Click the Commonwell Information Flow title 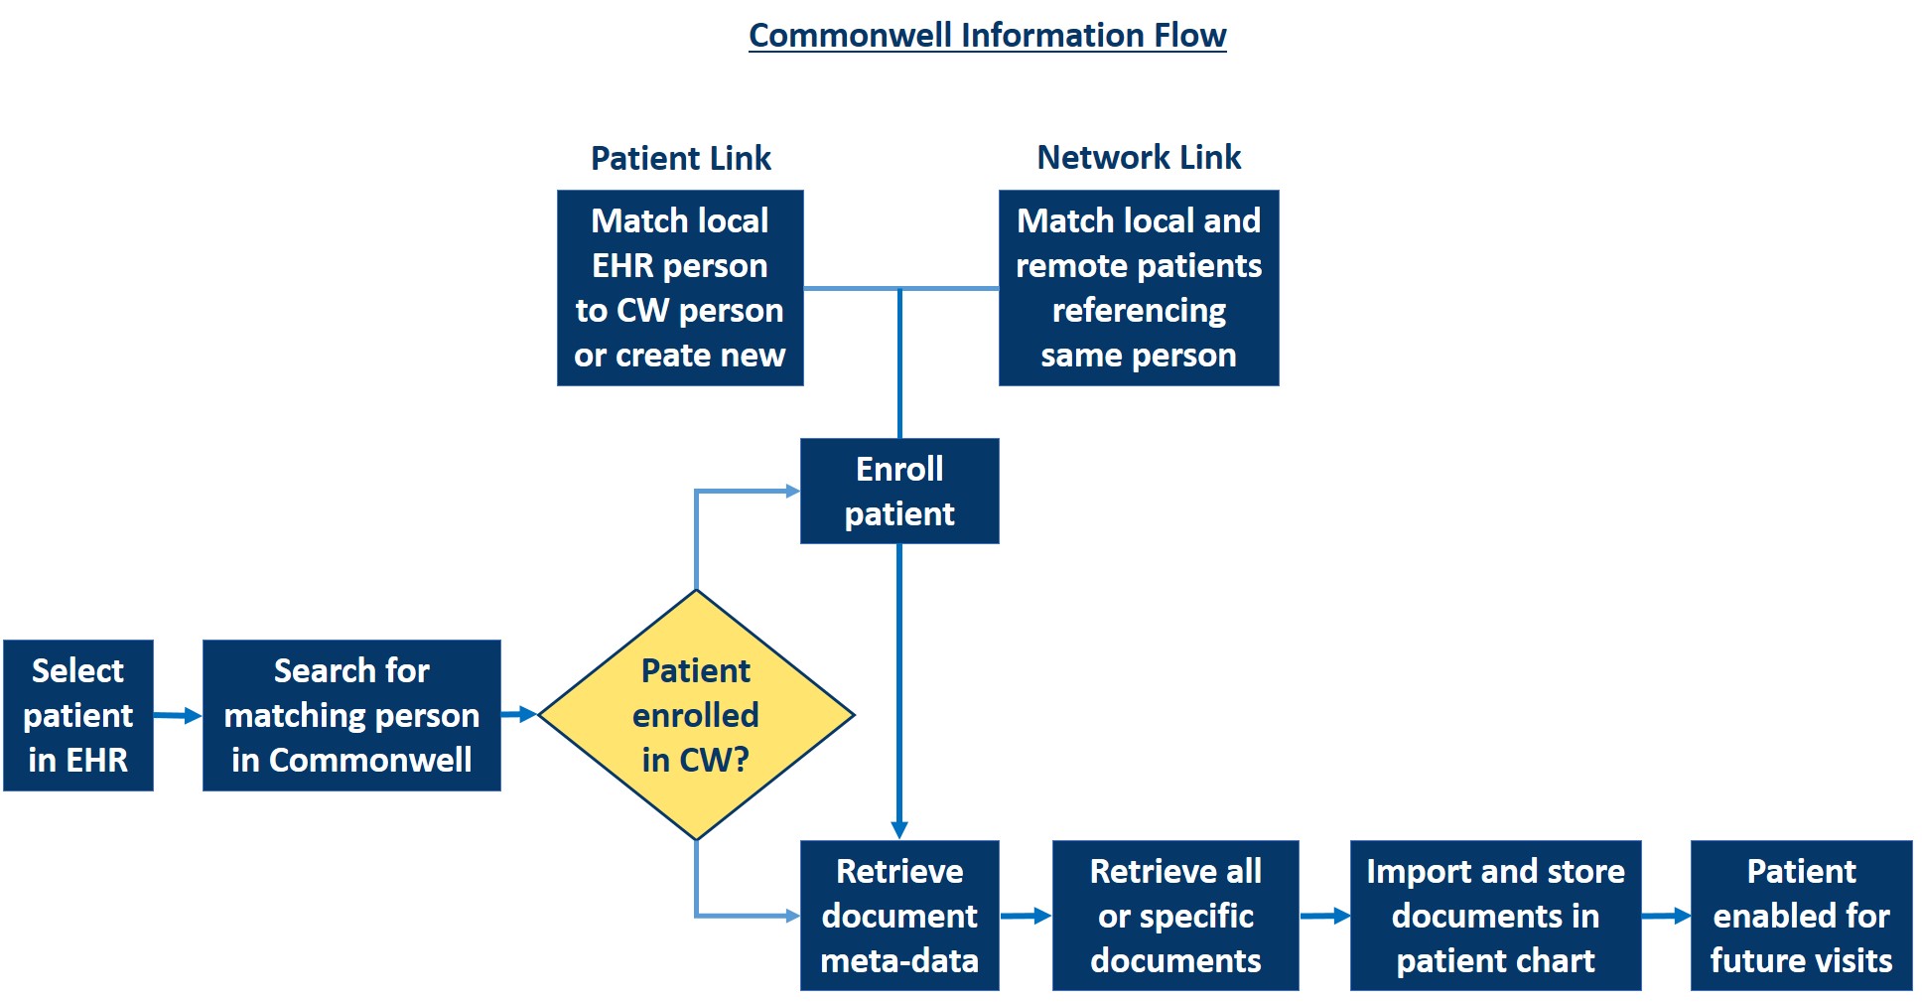(987, 36)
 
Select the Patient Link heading (680, 158)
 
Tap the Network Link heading (1139, 157)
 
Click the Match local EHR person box (680, 288)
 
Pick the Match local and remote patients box (1139, 288)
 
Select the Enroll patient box (899, 491)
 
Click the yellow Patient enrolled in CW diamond (696, 715)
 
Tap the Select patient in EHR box (77, 715)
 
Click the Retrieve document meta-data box (899, 916)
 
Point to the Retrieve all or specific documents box (1175, 916)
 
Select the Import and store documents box (1495, 916)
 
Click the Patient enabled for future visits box (1801, 916)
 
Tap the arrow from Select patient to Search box (178, 715)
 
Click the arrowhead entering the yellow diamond (528, 714)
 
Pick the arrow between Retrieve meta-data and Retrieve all (1026, 916)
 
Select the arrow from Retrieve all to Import (1324, 916)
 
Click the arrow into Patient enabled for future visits (1666, 916)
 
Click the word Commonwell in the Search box (370, 760)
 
